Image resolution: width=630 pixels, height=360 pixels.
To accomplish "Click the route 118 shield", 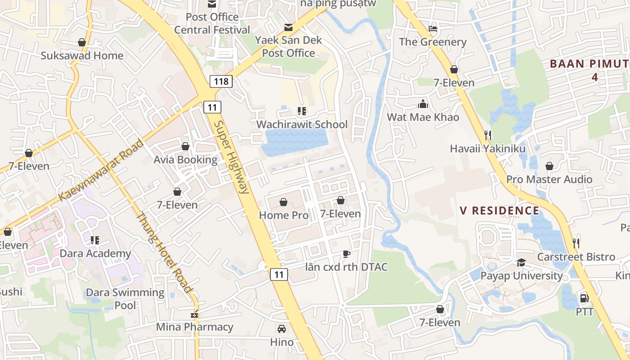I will coord(220,81).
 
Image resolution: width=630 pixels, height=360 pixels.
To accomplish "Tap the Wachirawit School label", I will coord(302,124).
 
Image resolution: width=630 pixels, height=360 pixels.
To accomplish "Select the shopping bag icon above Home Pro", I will coord(283,202).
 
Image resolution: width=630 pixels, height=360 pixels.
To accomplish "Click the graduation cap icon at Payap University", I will coord(521,262).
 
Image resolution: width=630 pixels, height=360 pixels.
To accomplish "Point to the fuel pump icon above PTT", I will coord(584,298).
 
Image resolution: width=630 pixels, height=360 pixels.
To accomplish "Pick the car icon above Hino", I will coord(282,329).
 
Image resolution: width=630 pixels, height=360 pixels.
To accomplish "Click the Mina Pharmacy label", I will coord(195,327).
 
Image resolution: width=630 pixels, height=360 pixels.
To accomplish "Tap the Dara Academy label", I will coord(95,253).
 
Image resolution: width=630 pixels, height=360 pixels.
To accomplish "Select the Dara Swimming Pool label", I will coord(125,299).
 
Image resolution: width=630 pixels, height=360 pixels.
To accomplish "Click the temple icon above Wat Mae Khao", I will coord(423,104).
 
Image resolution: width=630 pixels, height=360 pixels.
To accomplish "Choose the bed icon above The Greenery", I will coord(433,29).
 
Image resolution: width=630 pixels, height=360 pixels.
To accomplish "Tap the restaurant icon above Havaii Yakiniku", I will coord(488,135).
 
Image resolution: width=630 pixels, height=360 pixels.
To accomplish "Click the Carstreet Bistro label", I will coord(576,257).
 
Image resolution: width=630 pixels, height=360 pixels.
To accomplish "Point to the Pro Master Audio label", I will coord(549,179).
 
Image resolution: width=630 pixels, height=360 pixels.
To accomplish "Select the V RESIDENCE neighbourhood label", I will coord(499,211).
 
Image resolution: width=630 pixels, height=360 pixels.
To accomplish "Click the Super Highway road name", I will coord(231,157).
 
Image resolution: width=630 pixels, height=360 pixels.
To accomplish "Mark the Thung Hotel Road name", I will coord(165,252).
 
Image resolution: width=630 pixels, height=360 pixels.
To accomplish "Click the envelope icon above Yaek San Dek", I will coord(288,27).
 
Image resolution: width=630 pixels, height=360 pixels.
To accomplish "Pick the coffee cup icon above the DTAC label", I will coord(346,254).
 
